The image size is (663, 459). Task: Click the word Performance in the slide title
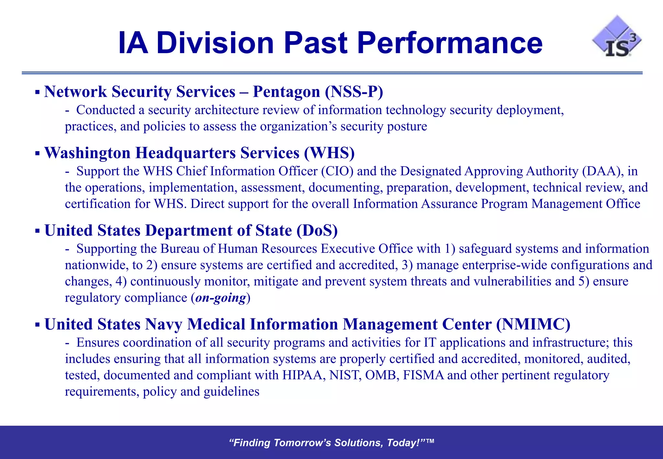450,43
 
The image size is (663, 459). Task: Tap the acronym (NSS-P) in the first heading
354,92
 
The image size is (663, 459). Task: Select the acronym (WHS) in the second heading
329,153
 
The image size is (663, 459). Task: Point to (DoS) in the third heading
317,230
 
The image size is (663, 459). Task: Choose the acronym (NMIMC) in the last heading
533,324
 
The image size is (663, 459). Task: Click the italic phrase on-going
220,297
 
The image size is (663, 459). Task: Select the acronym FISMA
423,375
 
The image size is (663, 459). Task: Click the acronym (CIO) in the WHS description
337,171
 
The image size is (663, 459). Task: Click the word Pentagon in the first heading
287,92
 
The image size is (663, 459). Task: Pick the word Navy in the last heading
164,324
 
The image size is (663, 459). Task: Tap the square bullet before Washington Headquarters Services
38,153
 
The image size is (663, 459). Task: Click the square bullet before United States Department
38,231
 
